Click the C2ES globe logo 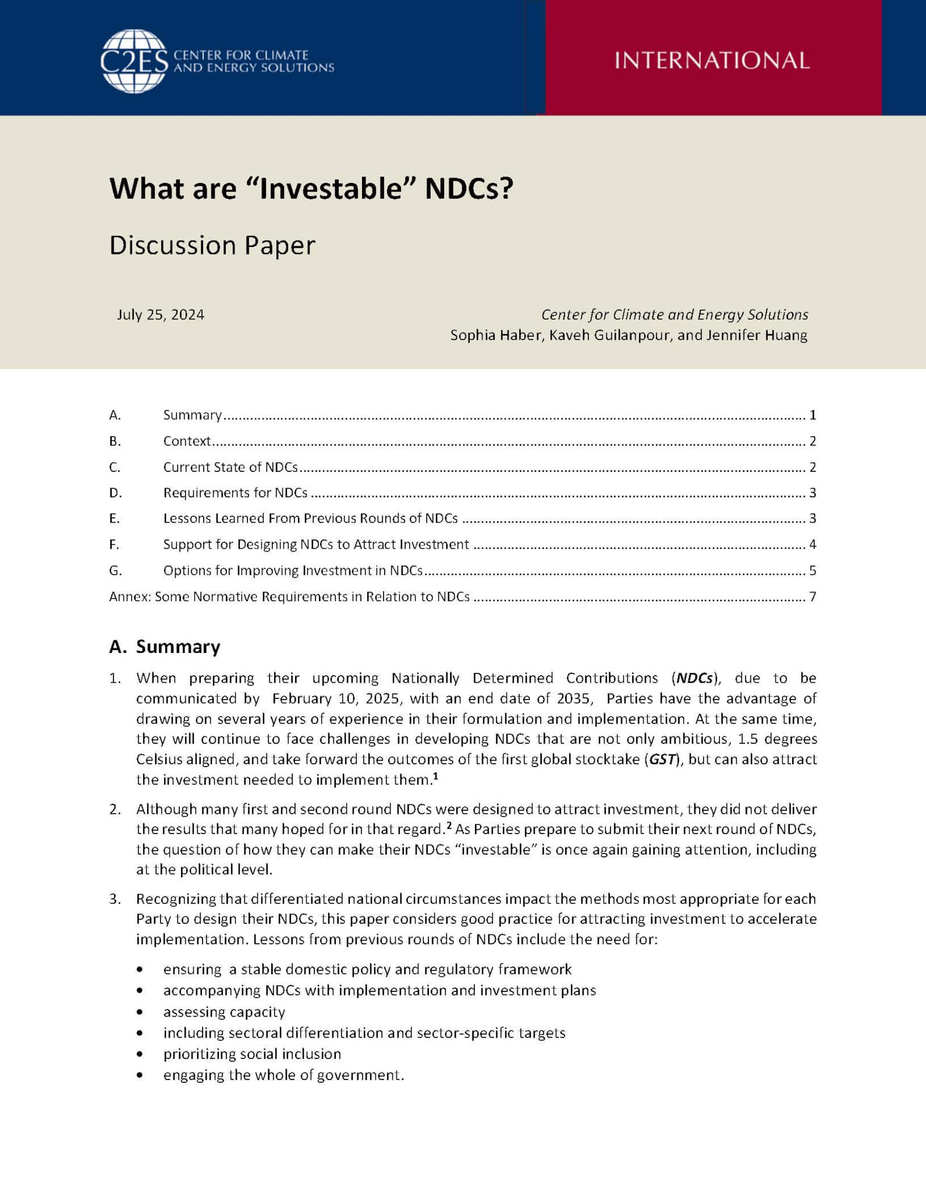[134, 61]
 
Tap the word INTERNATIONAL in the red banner [712, 61]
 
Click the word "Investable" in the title [330, 189]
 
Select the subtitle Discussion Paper [212, 245]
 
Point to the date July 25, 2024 [161, 315]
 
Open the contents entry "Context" [187, 441]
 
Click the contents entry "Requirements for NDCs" [235, 493]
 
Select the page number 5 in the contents [813, 570]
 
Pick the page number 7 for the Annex [813, 596]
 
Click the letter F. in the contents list [114, 545]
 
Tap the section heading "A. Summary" [165, 647]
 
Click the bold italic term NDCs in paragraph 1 [694, 678]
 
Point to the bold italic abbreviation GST [662, 759]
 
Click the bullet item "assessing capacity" [224, 1012]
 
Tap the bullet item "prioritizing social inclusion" [252, 1054]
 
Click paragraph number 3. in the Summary [115, 899]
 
